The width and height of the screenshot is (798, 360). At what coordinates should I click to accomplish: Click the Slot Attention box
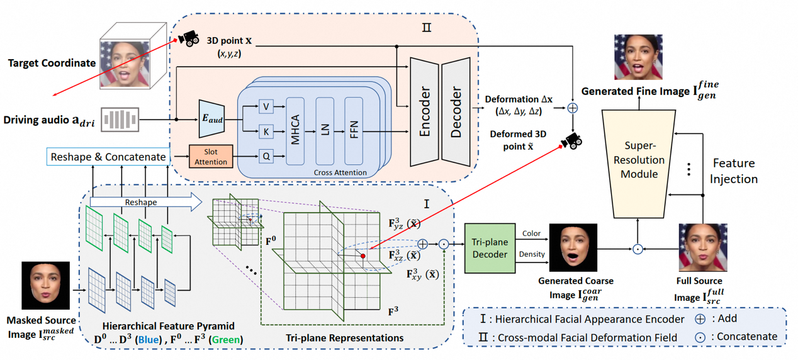tap(211, 157)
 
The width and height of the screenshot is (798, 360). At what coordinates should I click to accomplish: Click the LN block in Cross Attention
tap(325, 131)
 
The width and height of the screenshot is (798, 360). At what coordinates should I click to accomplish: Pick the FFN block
tap(354, 131)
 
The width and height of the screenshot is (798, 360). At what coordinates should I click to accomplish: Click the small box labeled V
tap(266, 106)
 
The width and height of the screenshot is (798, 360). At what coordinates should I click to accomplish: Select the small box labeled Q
tap(266, 156)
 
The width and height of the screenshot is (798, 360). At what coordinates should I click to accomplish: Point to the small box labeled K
tap(266, 132)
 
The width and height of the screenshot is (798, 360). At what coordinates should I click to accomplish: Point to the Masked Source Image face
tap(45, 286)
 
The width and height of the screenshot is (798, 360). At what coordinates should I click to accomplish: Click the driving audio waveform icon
tap(120, 120)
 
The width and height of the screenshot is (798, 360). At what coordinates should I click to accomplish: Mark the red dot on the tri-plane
tap(363, 256)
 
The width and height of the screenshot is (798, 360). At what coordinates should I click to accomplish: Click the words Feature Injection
tap(734, 171)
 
